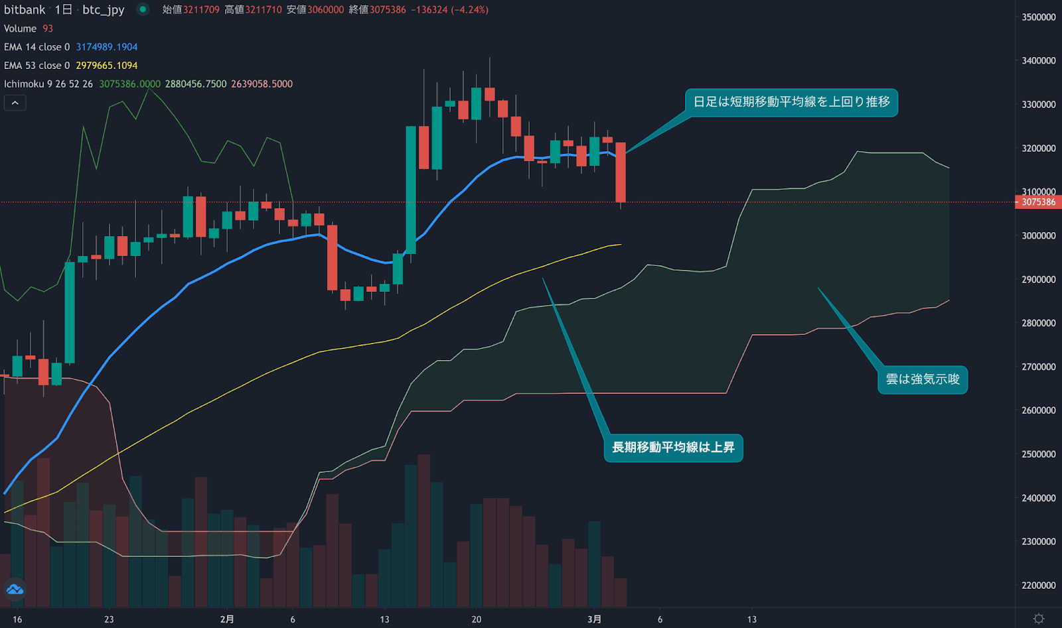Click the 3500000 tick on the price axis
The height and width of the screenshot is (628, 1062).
pos(1038,17)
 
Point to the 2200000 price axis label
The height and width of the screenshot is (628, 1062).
pos(1038,586)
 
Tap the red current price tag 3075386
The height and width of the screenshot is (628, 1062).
pos(1038,202)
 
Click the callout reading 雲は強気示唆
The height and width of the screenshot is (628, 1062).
pos(923,379)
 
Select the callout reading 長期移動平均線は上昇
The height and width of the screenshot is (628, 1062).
pos(673,448)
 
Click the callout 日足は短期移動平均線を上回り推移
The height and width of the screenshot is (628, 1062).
pos(791,102)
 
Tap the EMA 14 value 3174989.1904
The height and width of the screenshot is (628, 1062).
pos(106,47)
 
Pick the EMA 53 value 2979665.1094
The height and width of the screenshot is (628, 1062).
pos(106,66)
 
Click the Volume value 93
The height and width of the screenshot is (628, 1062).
pos(48,29)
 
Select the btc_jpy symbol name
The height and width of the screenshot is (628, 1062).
pos(103,10)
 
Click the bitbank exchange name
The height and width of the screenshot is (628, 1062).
pos(25,10)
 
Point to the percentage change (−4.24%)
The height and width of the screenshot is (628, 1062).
pos(469,10)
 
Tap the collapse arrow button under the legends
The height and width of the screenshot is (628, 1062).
pos(15,103)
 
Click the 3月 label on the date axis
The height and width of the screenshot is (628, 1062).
pos(594,619)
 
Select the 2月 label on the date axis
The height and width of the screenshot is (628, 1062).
pos(227,619)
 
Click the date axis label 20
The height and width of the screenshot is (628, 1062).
pos(476,619)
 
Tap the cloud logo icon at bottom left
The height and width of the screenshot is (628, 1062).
pos(15,589)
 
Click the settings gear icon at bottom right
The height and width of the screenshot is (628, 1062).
pos(1039,619)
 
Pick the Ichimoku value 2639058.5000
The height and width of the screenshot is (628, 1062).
pos(262,84)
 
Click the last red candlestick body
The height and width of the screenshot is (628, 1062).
pos(621,172)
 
